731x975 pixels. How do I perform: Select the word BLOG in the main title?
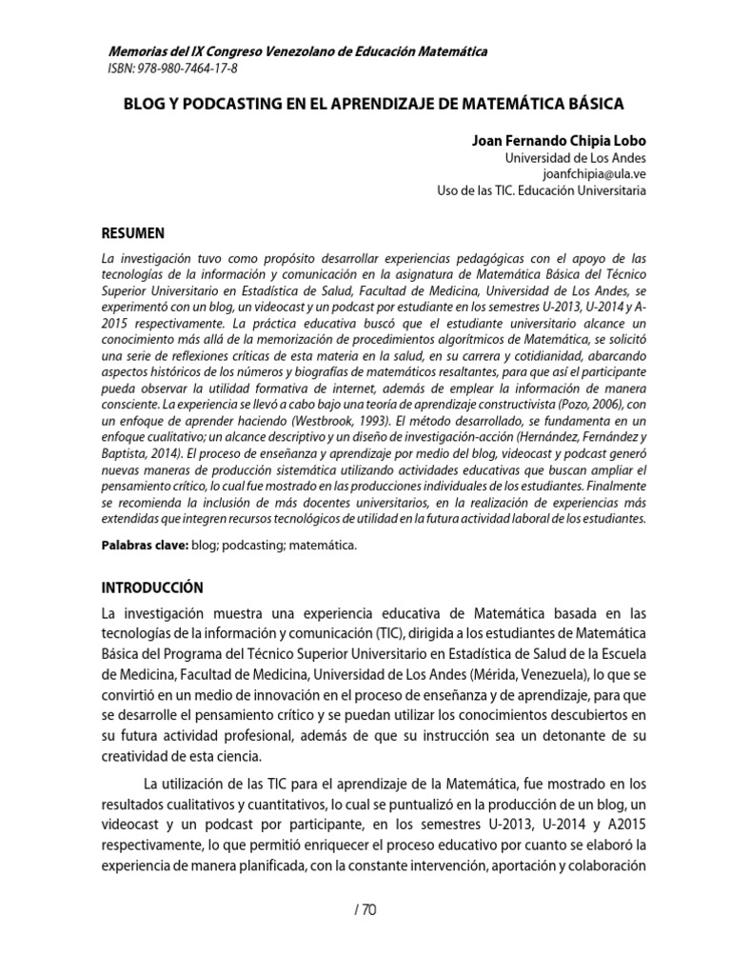click(x=143, y=101)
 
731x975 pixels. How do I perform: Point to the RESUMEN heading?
click(x=133, y=233)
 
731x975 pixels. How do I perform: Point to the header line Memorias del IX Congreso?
click(x=294, y=50)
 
